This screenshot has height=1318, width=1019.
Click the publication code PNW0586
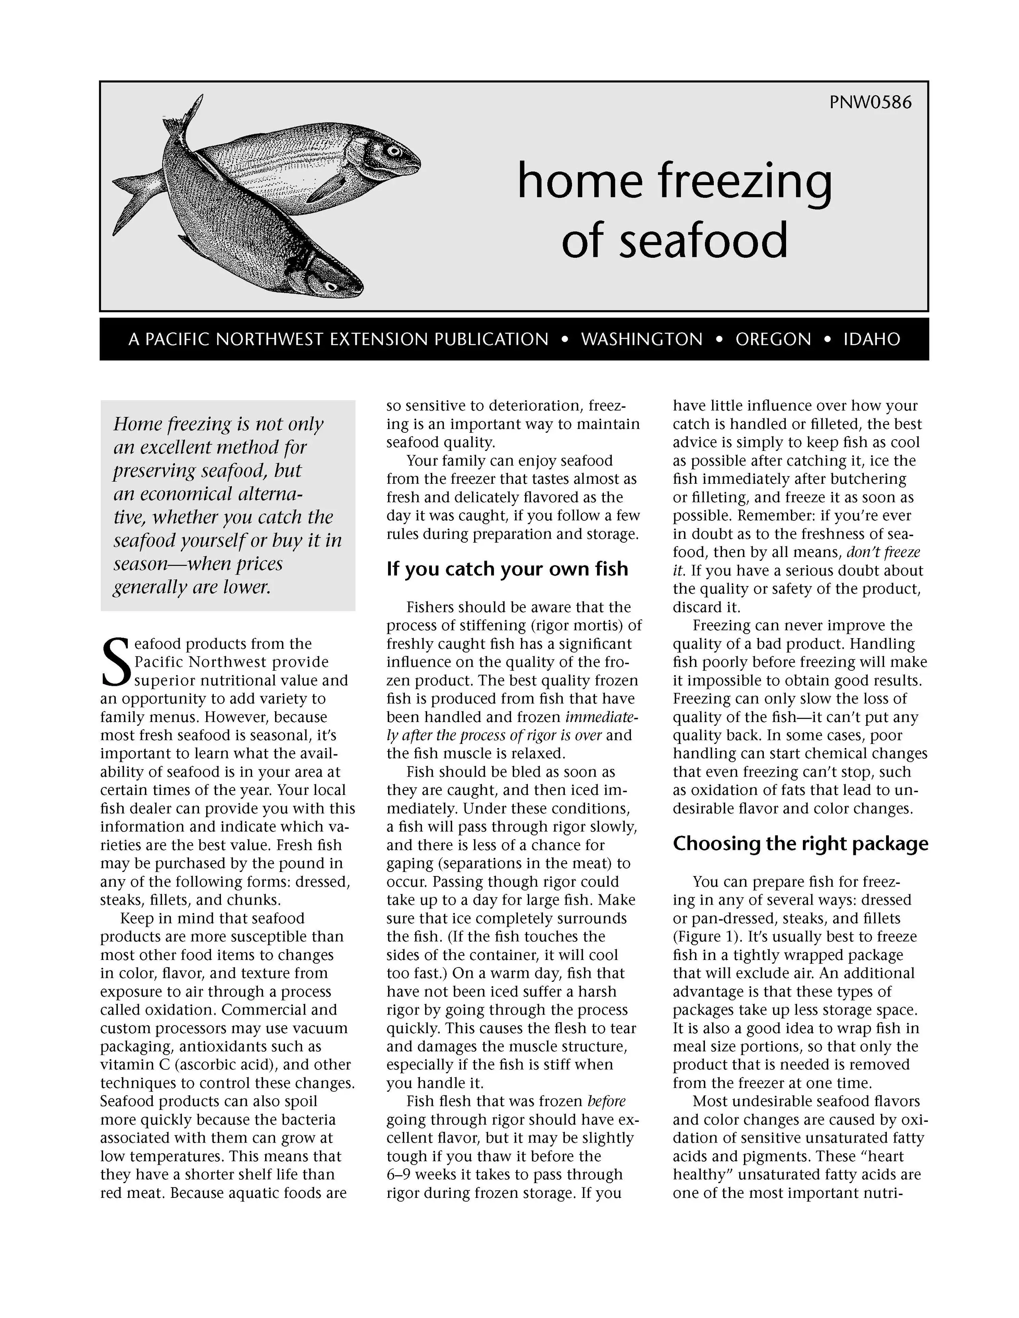coord(870,103)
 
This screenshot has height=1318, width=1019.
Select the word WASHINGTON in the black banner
coord(642,340)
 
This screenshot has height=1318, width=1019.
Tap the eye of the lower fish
coord(330,285)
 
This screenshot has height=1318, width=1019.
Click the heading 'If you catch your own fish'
coord(507,569)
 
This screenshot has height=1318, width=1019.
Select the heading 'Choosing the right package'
coord(800,844)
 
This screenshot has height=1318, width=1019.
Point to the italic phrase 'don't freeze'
coord(883,552)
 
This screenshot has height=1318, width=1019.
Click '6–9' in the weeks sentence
coord(398,1175)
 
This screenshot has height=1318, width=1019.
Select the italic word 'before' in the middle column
coord(606,1101)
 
